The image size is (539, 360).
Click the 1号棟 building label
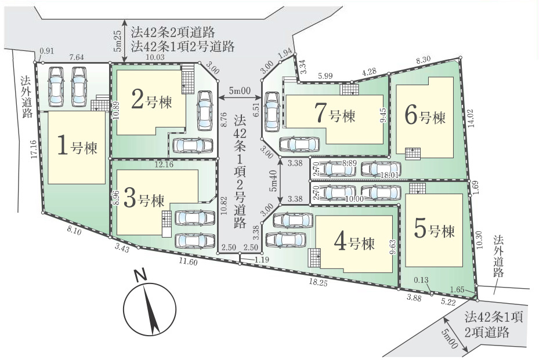coord(77,146)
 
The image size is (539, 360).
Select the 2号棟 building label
coord(152,100)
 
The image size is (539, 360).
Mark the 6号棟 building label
coord(425,116)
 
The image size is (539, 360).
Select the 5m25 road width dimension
coord(117,42)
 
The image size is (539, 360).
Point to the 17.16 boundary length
coord(33,150)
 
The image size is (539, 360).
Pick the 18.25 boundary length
coord(318,282)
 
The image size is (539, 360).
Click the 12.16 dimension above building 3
coord(164,165)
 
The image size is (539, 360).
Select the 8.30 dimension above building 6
coord(424,60)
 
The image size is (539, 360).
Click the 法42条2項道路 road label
coord(173,32)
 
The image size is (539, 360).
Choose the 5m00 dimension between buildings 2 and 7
coord(240,90)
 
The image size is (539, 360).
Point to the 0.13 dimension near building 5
coord(421,280)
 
